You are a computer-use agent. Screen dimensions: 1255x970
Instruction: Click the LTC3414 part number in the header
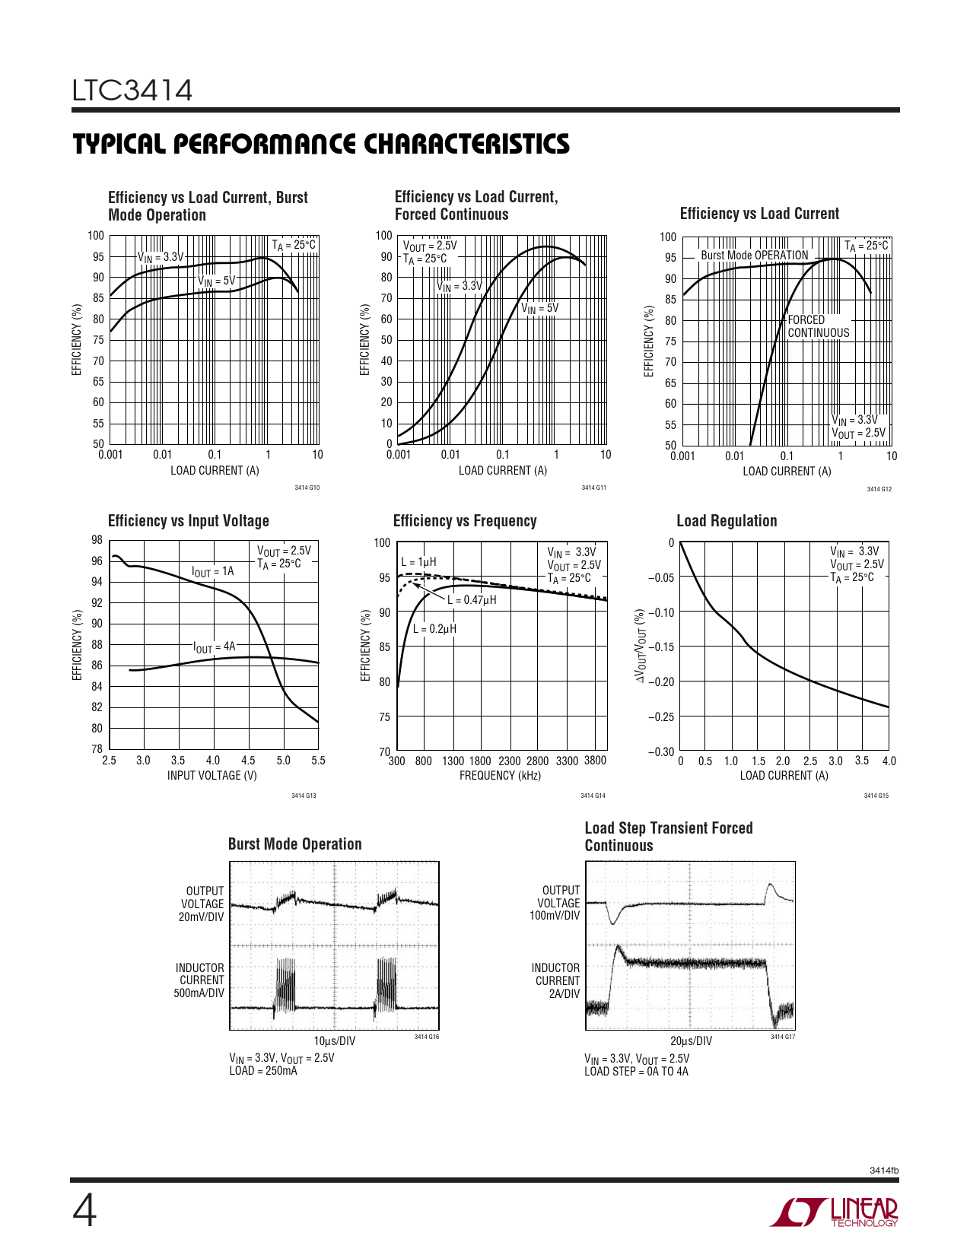(132, 91)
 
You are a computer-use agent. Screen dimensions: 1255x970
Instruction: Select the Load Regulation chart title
(727, 521)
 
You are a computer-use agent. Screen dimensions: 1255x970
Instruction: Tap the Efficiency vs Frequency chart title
(465, 521)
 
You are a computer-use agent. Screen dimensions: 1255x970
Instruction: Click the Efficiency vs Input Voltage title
(189, 521)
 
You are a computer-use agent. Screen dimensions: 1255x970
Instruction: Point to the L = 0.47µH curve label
(472, 600)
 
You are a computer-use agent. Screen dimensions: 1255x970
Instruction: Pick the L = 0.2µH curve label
(434, 629)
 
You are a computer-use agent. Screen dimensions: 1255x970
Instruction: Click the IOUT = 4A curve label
(215, 647)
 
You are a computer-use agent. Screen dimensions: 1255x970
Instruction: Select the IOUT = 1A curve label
(213, 572)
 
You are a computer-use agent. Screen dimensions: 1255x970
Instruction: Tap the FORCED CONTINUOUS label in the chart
(818, 326)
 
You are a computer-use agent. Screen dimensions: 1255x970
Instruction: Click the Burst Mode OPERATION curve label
(754, 256)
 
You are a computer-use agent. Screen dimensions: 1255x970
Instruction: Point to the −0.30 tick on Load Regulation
(661, 752)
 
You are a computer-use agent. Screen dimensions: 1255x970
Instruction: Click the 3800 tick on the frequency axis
(595, 761)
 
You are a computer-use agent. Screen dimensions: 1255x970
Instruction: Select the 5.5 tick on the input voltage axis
(318, 761)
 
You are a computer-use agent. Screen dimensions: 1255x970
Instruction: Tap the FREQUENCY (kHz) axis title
(500, 776)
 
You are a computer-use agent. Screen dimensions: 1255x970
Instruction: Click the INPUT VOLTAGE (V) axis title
(212, 776)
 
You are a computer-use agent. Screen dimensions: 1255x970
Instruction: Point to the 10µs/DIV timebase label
(334, 1041)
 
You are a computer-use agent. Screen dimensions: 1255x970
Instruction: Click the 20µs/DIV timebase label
(691, 1041)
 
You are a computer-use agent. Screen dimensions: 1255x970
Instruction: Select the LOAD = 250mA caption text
(263, 1071)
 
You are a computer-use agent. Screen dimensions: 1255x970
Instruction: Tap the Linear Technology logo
(834, 1212)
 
